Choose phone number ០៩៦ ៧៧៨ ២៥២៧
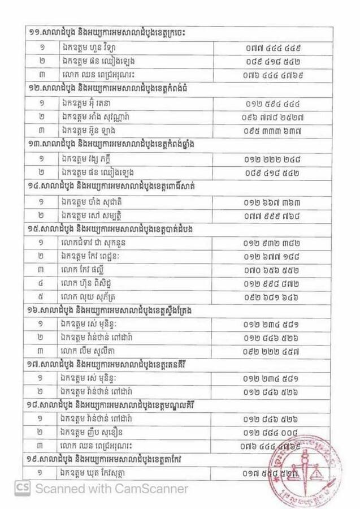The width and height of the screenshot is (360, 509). point(277,118)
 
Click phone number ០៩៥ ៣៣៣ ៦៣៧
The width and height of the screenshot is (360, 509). point(276,131)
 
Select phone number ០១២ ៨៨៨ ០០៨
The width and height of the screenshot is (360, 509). point(276,434)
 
